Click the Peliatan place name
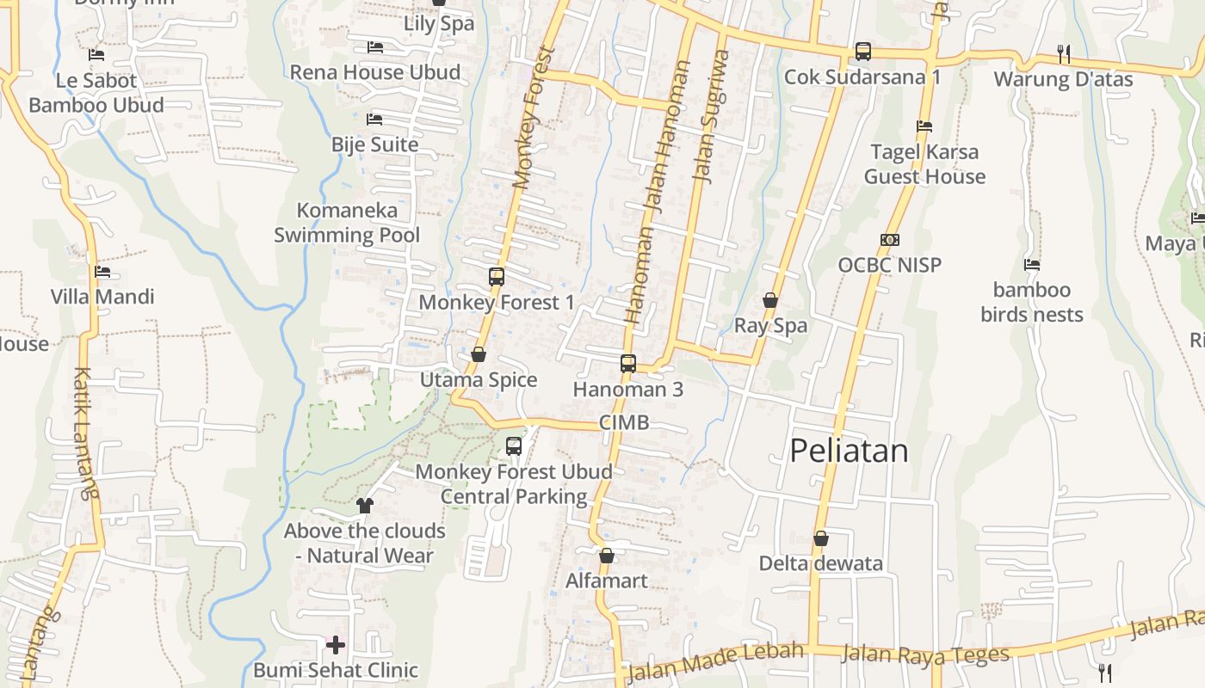(x=849, y=451)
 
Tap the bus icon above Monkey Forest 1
(x=497, y=277)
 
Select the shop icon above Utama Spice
(x=479, y=354)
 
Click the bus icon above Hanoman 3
(x=628, y=363)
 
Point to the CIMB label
(x=624, y=422)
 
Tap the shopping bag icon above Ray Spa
(x=770, y=300)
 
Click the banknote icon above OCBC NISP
(x=890, y=240)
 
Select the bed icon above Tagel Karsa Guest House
(x=924, y=126)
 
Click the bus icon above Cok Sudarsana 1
(x=862, y=52)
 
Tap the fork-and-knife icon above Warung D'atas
(x=1064, y=53)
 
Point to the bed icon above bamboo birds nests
(x=1032, y=265)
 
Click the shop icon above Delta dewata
(x=821, y=538)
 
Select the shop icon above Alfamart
(x=607, y=556)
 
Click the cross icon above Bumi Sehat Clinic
(x=336, y=644)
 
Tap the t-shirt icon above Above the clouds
(x=365, y=505)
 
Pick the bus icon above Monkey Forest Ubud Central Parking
(x=514, y=446)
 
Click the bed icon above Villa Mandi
(x=102, y=272)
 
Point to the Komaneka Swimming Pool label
(x=347, y=223)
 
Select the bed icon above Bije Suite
(x=374, y=120)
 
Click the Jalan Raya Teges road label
(x=924, y=654)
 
